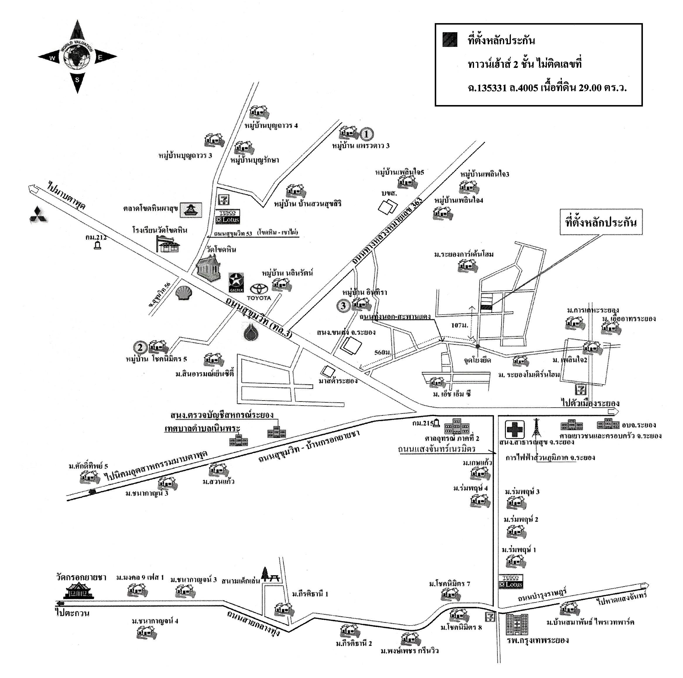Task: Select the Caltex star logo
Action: [236, 281]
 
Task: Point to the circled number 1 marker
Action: [367, 134]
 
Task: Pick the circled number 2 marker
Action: [140, 347]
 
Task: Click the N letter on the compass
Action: [77, 34]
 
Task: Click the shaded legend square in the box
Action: [450, 40]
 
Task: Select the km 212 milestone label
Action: [96, 237]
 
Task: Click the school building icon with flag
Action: [168, 244]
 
